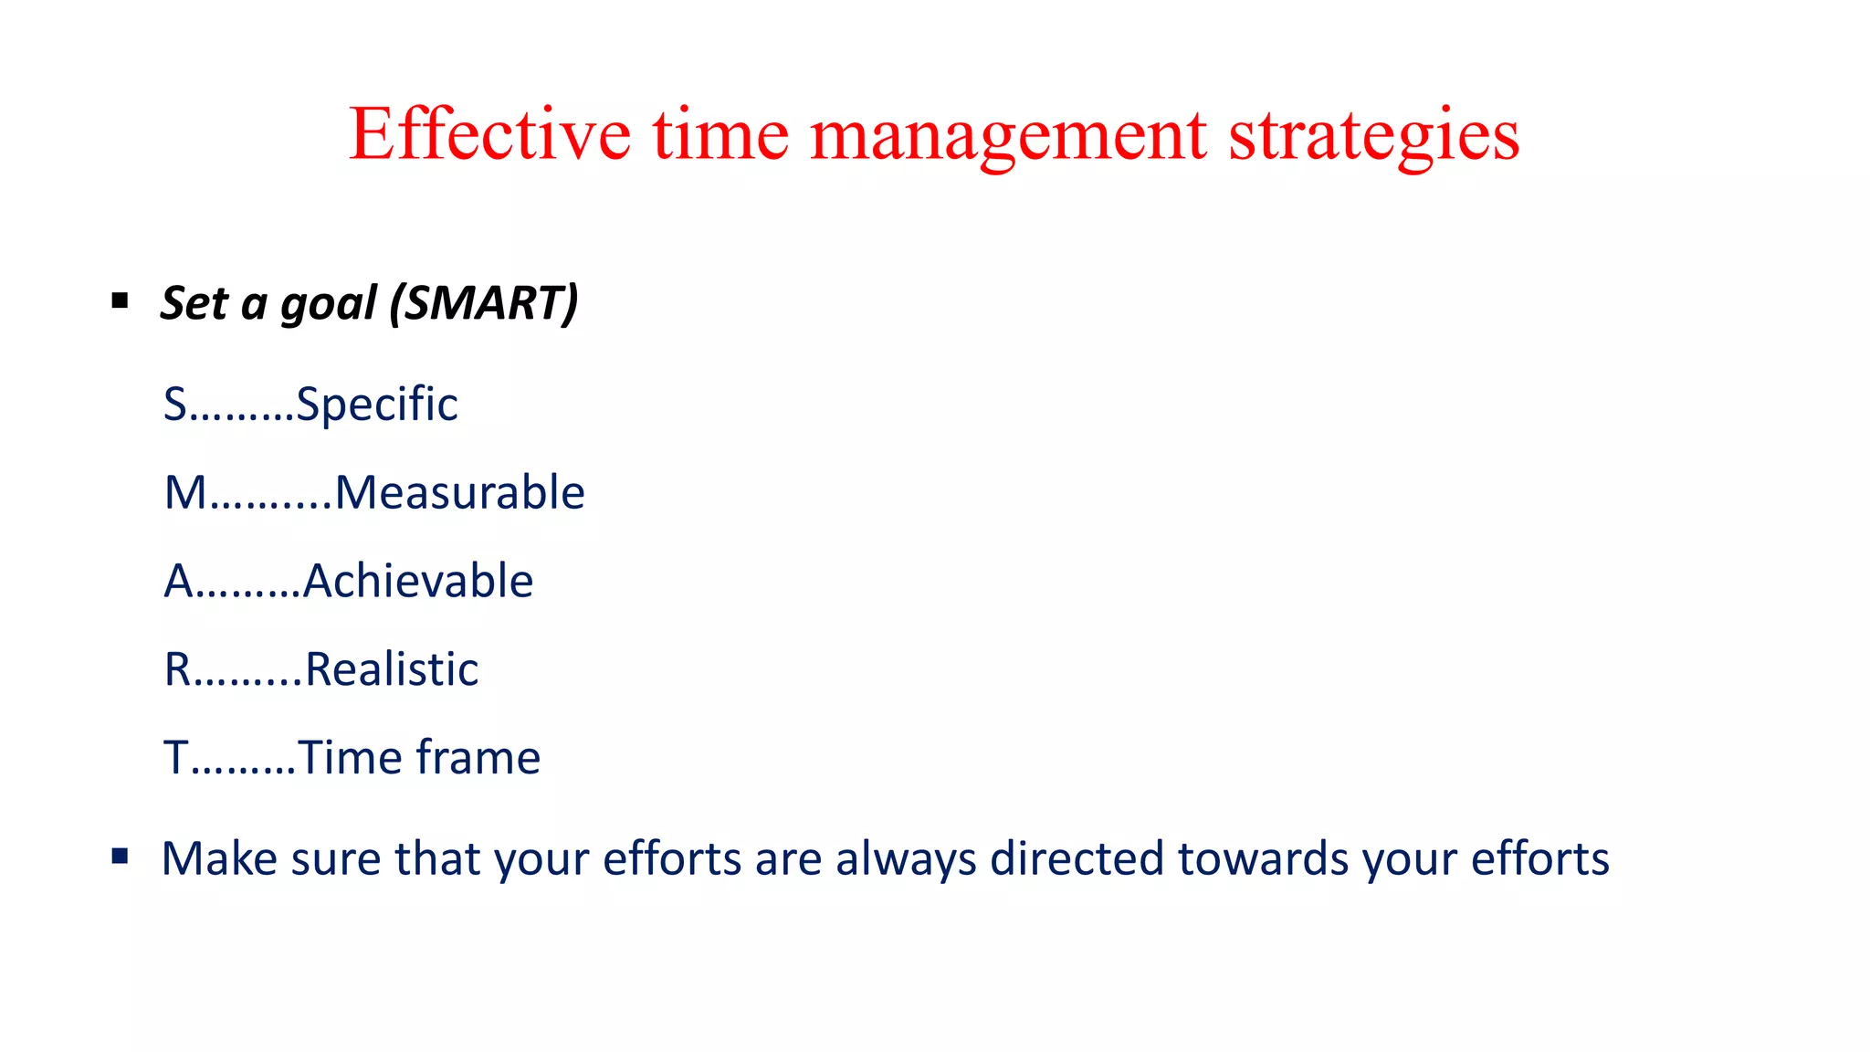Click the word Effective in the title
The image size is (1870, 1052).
point(489,134)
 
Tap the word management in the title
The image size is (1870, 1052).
point(1008,134)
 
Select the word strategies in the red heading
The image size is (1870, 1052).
point(1373,134)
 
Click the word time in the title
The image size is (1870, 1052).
point(720,134)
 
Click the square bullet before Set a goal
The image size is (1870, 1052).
point(120,300)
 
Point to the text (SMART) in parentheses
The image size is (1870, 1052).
point(484,303)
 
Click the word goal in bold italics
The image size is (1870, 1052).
point(329,303)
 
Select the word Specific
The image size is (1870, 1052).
point(377,404)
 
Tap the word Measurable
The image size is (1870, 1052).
point(459,492)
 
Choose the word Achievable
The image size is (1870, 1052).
point(418,581)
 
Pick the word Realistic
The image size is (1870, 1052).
point(392,669)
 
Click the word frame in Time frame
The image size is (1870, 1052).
point(478,758)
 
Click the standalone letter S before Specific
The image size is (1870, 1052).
point(175,404)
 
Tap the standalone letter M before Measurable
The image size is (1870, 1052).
point(185,492)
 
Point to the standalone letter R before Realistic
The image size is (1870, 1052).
point(177,669)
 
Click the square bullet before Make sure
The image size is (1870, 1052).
point(120,856)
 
